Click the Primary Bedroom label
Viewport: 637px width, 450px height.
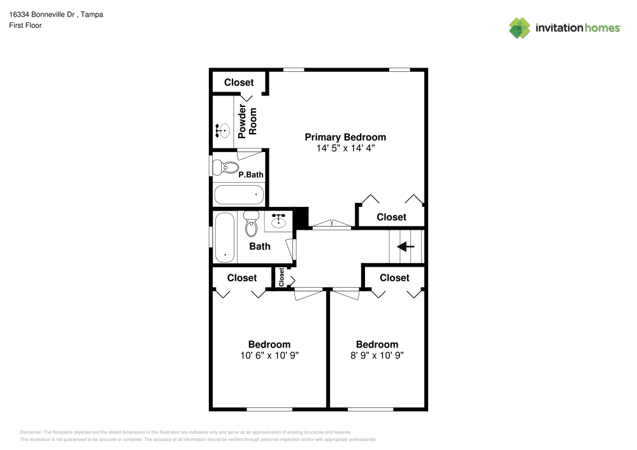[x=345, y=137]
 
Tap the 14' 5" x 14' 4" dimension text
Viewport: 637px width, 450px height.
[x=345, y=148]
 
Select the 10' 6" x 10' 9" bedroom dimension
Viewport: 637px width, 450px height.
[x=269, y=355]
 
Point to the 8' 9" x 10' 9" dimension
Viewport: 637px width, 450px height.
[x=377, y=355]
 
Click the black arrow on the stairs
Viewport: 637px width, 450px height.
[x=405, y=246]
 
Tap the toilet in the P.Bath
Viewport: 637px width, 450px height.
[x=225, y=167]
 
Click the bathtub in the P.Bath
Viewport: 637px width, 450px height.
[x=239, y=195]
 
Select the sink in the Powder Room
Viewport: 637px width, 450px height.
[x=222, y=130]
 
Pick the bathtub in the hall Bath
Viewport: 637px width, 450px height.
[x=224, y=237]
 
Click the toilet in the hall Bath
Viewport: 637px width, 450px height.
[x=251, y=224]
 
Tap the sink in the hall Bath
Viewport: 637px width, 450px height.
[x=278, y=220]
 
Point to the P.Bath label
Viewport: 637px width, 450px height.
[x=250, y=175]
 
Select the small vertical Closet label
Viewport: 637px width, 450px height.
[x=282, y=277]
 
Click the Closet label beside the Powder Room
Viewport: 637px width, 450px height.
[x=239, y=82]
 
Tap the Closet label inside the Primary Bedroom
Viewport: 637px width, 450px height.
[x=391, y=217]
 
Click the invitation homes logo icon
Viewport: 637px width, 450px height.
[x=520, y=28]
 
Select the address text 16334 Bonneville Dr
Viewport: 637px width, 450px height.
[x=42, y=15]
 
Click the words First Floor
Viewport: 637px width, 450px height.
[x=25, y=25]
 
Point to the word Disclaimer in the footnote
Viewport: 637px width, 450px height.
[x=31, y=432]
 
